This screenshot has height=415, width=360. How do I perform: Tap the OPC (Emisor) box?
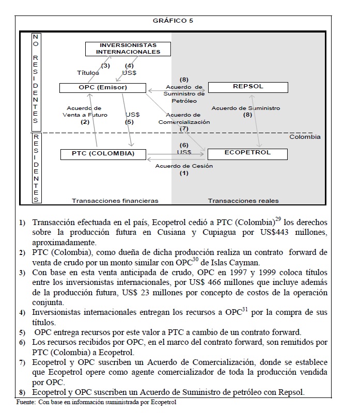[100, 88]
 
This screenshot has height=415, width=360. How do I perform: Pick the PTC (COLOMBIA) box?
[97, 154]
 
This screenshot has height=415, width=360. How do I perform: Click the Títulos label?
[88, 73]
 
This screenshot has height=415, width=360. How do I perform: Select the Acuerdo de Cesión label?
[184, 166]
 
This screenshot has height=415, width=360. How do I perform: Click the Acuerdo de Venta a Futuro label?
[84, 111]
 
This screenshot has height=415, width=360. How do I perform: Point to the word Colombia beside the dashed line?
[305, 137]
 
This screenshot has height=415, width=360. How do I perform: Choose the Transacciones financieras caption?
[115, 200]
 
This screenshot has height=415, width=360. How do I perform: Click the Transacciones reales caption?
[243, 200]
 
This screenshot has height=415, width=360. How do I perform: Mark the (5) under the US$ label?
[129, 122]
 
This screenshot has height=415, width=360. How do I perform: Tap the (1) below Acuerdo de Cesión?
[184, 174]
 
